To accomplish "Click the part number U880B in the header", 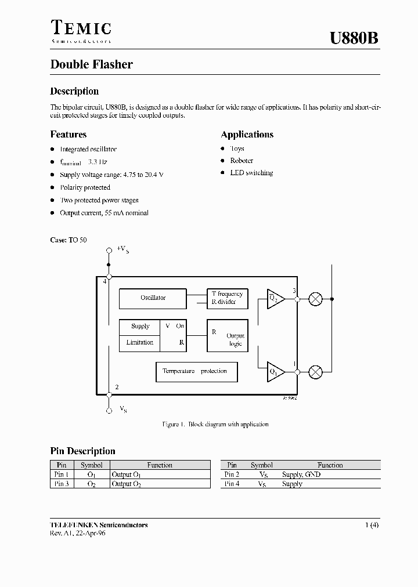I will click(x=354, y=39).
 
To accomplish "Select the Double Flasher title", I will click(x=91, y=64).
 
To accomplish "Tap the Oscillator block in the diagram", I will click(x=153, y=298).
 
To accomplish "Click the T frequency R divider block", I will click(x=228, y=298).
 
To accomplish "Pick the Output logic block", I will click(x=228, y=336).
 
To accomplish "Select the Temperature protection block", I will click(x=196, y=371).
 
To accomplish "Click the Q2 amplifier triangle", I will click(x=275, y=299).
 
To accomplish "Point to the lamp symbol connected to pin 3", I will click(x=315, y=299).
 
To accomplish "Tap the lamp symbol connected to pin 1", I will click(x=315, y=371).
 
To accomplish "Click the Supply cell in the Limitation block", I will click(x=140, y=327).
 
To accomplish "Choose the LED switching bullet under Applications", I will click(x=251, y=173).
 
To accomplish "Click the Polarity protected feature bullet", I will click(x=85, y=188).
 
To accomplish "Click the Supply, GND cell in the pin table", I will click(x=301, y=474).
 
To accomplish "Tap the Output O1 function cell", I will click(x=126, y=474).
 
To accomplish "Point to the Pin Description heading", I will click(x=82, y=451).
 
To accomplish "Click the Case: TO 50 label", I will click(x=69, y=240).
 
